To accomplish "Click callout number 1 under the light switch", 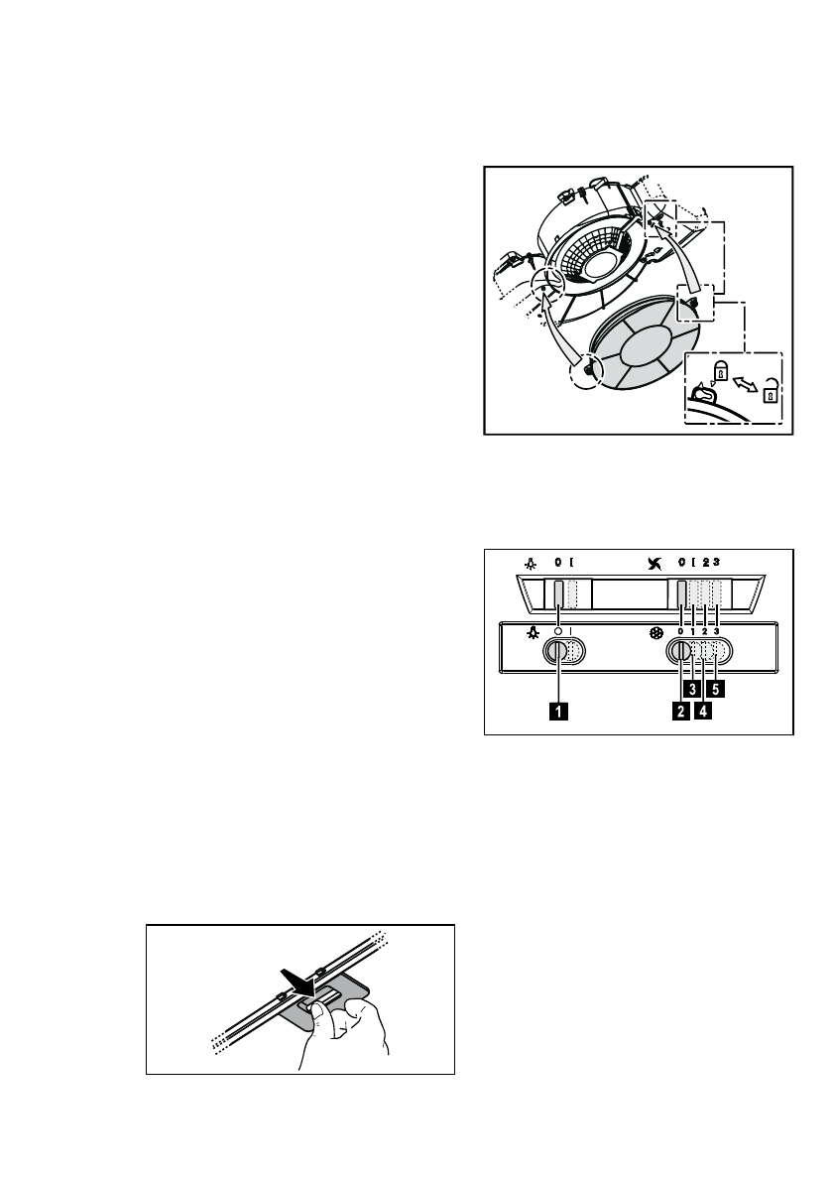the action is coord(560,710).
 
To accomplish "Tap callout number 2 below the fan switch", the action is coord(680,710).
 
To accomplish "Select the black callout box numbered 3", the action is coord(693,686).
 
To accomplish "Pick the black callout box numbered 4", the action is coord(704,710).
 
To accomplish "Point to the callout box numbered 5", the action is coord(716,686).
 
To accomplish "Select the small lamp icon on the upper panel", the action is coord(532,563).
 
